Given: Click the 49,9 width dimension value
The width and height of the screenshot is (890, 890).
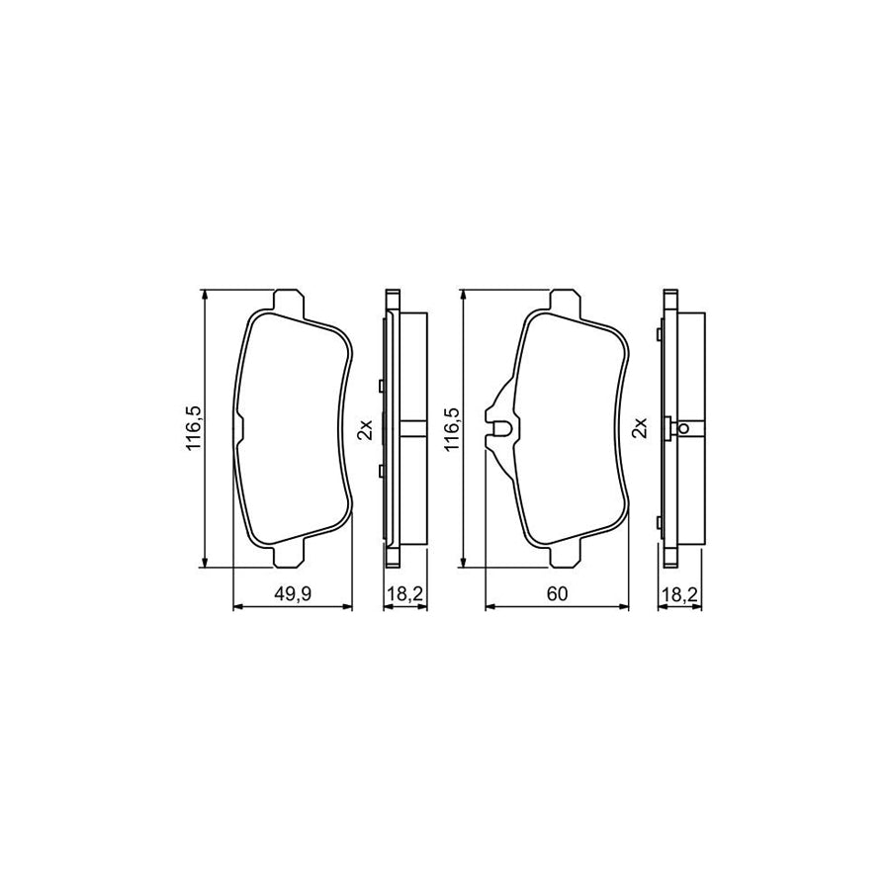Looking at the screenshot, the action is tap(293, 593).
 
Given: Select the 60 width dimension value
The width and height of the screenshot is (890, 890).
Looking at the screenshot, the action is tap(557, 593).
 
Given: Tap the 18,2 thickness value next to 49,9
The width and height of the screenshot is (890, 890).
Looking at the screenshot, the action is tap(404, 593).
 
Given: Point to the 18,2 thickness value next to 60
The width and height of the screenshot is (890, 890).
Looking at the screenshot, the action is tap(679, 593).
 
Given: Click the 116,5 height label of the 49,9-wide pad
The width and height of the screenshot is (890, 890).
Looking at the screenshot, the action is tap(194, 428).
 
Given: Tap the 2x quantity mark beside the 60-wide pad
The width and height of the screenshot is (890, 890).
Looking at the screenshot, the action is tap(640, 428).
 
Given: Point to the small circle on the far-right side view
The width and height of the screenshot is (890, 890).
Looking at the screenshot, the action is tap(683, 428).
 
